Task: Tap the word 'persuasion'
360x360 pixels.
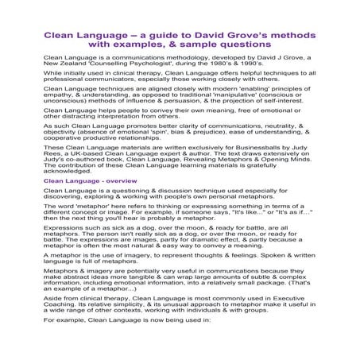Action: point(185,125)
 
